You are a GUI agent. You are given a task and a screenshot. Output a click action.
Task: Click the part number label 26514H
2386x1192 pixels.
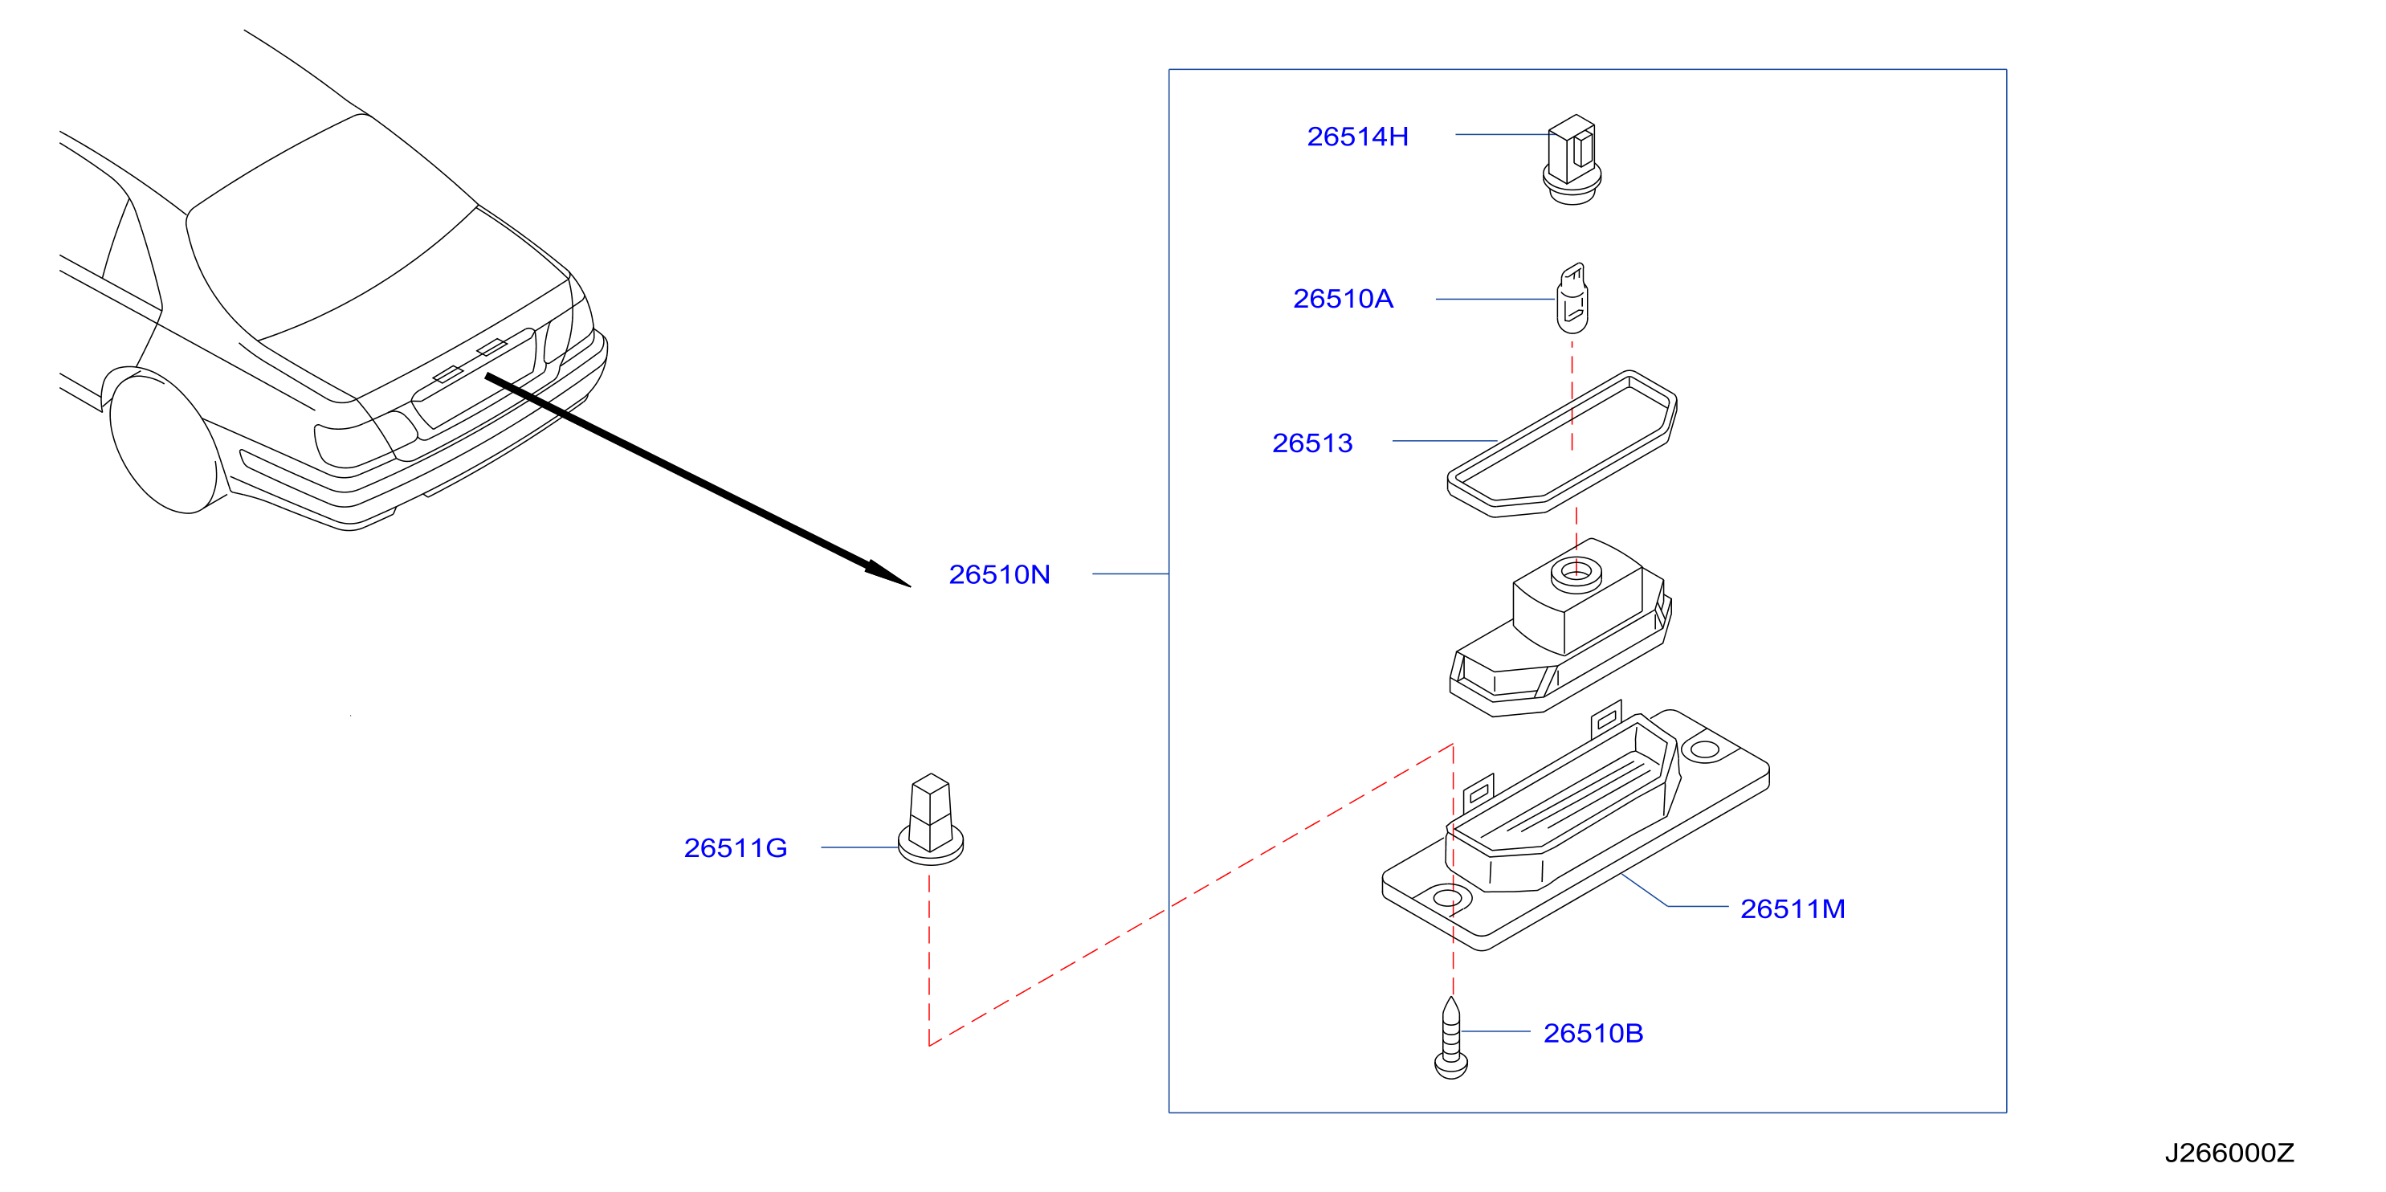point(1357,137)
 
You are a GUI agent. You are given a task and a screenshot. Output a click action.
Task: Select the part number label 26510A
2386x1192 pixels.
point(1343,299)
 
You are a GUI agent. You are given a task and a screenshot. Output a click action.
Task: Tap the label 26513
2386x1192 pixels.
point(1312,443)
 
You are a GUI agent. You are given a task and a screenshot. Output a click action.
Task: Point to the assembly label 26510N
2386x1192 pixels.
point(999,575)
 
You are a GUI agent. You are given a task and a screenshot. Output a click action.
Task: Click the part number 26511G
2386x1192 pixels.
point(736,848)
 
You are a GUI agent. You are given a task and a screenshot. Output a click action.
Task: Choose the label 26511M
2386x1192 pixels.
point(1793,909)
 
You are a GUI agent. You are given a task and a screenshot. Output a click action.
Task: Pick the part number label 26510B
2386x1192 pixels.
point(1593,1034)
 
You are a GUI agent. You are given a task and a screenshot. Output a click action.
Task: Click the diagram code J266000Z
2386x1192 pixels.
point(2229,1153)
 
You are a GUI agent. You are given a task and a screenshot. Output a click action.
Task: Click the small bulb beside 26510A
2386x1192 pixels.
point(1572,298)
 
